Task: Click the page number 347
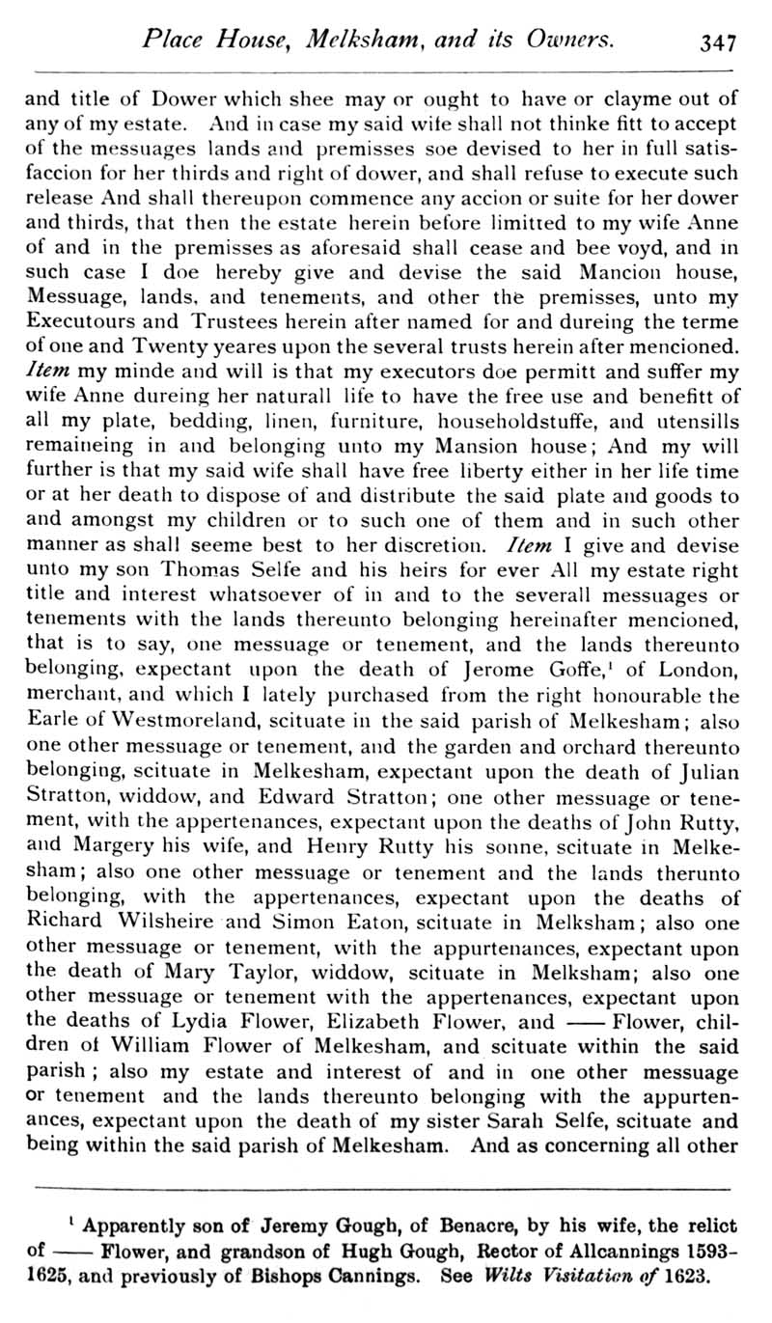point(720,41)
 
